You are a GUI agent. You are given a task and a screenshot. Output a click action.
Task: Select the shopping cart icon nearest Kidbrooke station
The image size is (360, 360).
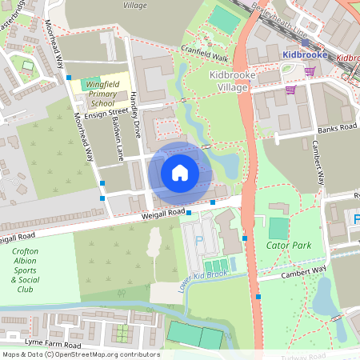click(x=309, y=71)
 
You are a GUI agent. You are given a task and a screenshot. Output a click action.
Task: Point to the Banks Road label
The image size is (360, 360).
click(x=335, y=127)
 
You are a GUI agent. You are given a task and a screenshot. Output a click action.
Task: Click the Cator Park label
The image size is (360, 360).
click(x=289, y=246)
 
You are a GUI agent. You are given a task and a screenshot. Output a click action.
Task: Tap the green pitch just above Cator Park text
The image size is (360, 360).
click(x=278, y=228)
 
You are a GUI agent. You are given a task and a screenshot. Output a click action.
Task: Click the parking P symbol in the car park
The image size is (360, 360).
click(x=199, y=241)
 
